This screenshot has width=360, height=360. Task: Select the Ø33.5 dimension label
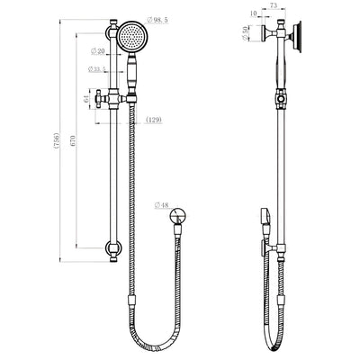click(x=98, y=69)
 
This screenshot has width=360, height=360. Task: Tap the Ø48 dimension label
click(x=163, y=206)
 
